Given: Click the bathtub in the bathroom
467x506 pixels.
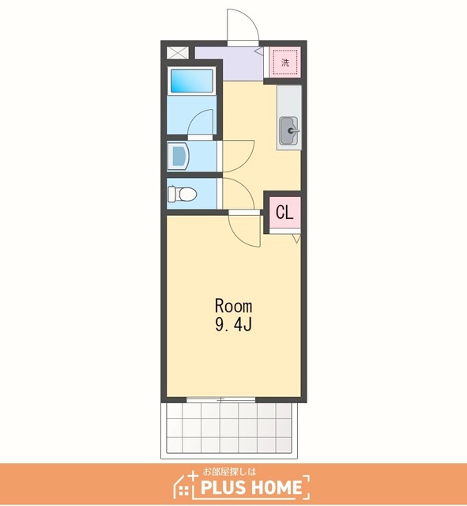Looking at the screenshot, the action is pos(191,81).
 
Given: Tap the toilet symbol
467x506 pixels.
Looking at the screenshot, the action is pos(183,194).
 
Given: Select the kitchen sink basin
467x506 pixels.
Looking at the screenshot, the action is pos(289,130).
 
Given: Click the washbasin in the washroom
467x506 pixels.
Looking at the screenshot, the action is pos(180,157).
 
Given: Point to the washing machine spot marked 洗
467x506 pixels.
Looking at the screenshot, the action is pos(285,62).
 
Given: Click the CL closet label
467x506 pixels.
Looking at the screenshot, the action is pos(284,213).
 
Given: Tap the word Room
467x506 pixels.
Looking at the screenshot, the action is pos(234,306).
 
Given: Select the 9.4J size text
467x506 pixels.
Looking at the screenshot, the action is pos(233,325).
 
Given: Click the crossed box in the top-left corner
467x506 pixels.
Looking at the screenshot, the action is pos(177,53).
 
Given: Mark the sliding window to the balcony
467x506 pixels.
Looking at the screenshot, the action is pos(221,400).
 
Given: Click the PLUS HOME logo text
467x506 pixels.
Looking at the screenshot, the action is pos(251,488).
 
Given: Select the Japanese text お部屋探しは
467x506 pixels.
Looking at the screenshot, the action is pos(229,472).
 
